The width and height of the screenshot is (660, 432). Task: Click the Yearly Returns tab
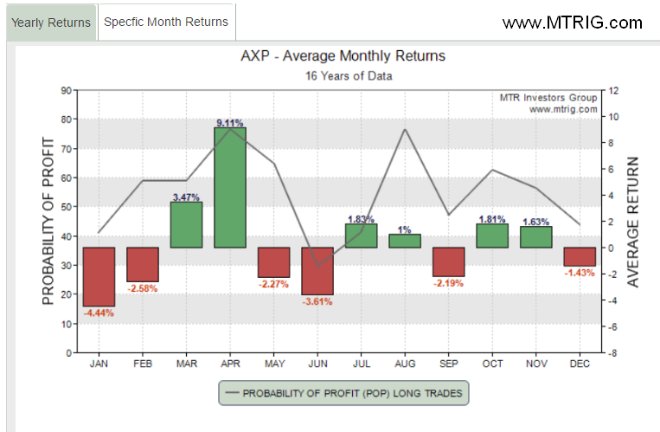(x=51, y=23)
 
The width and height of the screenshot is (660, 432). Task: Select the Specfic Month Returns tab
(x=166, y=22)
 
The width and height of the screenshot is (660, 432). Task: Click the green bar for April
(x=230, y=188)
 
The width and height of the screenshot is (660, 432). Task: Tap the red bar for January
(x=99, y=276)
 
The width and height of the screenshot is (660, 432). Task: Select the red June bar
(x=317, y=271)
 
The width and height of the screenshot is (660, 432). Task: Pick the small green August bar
(x=405, y=241)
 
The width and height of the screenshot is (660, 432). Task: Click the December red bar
(x=580, y=256)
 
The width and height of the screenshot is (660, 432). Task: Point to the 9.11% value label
(x=230, y=123)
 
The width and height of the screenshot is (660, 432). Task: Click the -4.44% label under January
(x=99, y=313)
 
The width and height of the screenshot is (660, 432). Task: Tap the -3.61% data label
(x=317, y=301)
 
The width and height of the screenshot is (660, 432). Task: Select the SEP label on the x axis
(x=449, y=364)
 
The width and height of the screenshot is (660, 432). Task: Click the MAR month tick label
(x=187, y=364)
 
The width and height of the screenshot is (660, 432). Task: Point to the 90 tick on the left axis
(x=66, y=90)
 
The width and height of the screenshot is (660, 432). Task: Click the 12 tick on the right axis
(x=613, y=91)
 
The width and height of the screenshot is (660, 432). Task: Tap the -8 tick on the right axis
(x=612, y=353)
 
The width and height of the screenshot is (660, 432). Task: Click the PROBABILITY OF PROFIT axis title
(x=48, y=222)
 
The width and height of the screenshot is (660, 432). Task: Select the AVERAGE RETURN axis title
(x=632, y=222)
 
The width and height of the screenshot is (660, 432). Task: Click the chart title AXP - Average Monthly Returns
(x=343, y=55)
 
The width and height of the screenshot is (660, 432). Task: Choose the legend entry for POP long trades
(x=343, y=393)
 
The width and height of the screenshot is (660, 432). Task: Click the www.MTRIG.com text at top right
(x=573, y=23)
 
